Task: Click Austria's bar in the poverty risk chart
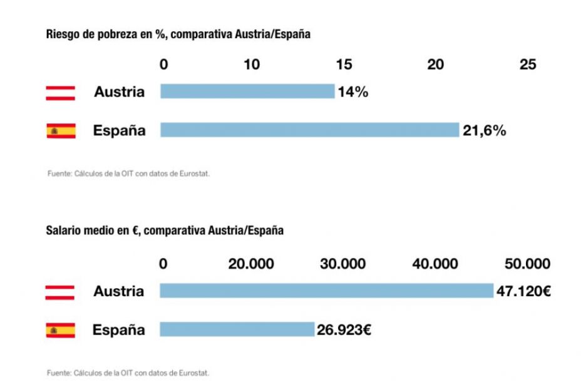(247, 91)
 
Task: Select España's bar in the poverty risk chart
(309, 130)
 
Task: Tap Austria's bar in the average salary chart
(326, 291)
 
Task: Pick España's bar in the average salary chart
(237, 329)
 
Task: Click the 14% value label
(352, 92)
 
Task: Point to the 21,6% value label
(484, 130)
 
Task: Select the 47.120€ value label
(523, 291)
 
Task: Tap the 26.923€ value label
(344, 329)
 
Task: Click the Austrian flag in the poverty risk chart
(61, 93)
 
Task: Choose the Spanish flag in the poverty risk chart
(61, 131)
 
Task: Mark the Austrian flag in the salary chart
(60, 292)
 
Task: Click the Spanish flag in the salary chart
(60, 330)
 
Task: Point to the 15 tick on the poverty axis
(344, 65)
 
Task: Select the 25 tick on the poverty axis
(528, 65)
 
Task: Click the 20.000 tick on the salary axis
(250, 264)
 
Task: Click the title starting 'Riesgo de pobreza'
(178, 34)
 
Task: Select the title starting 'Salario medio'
(165, 231)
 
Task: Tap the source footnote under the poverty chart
(128, 174)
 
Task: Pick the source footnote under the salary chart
(128, 373)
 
